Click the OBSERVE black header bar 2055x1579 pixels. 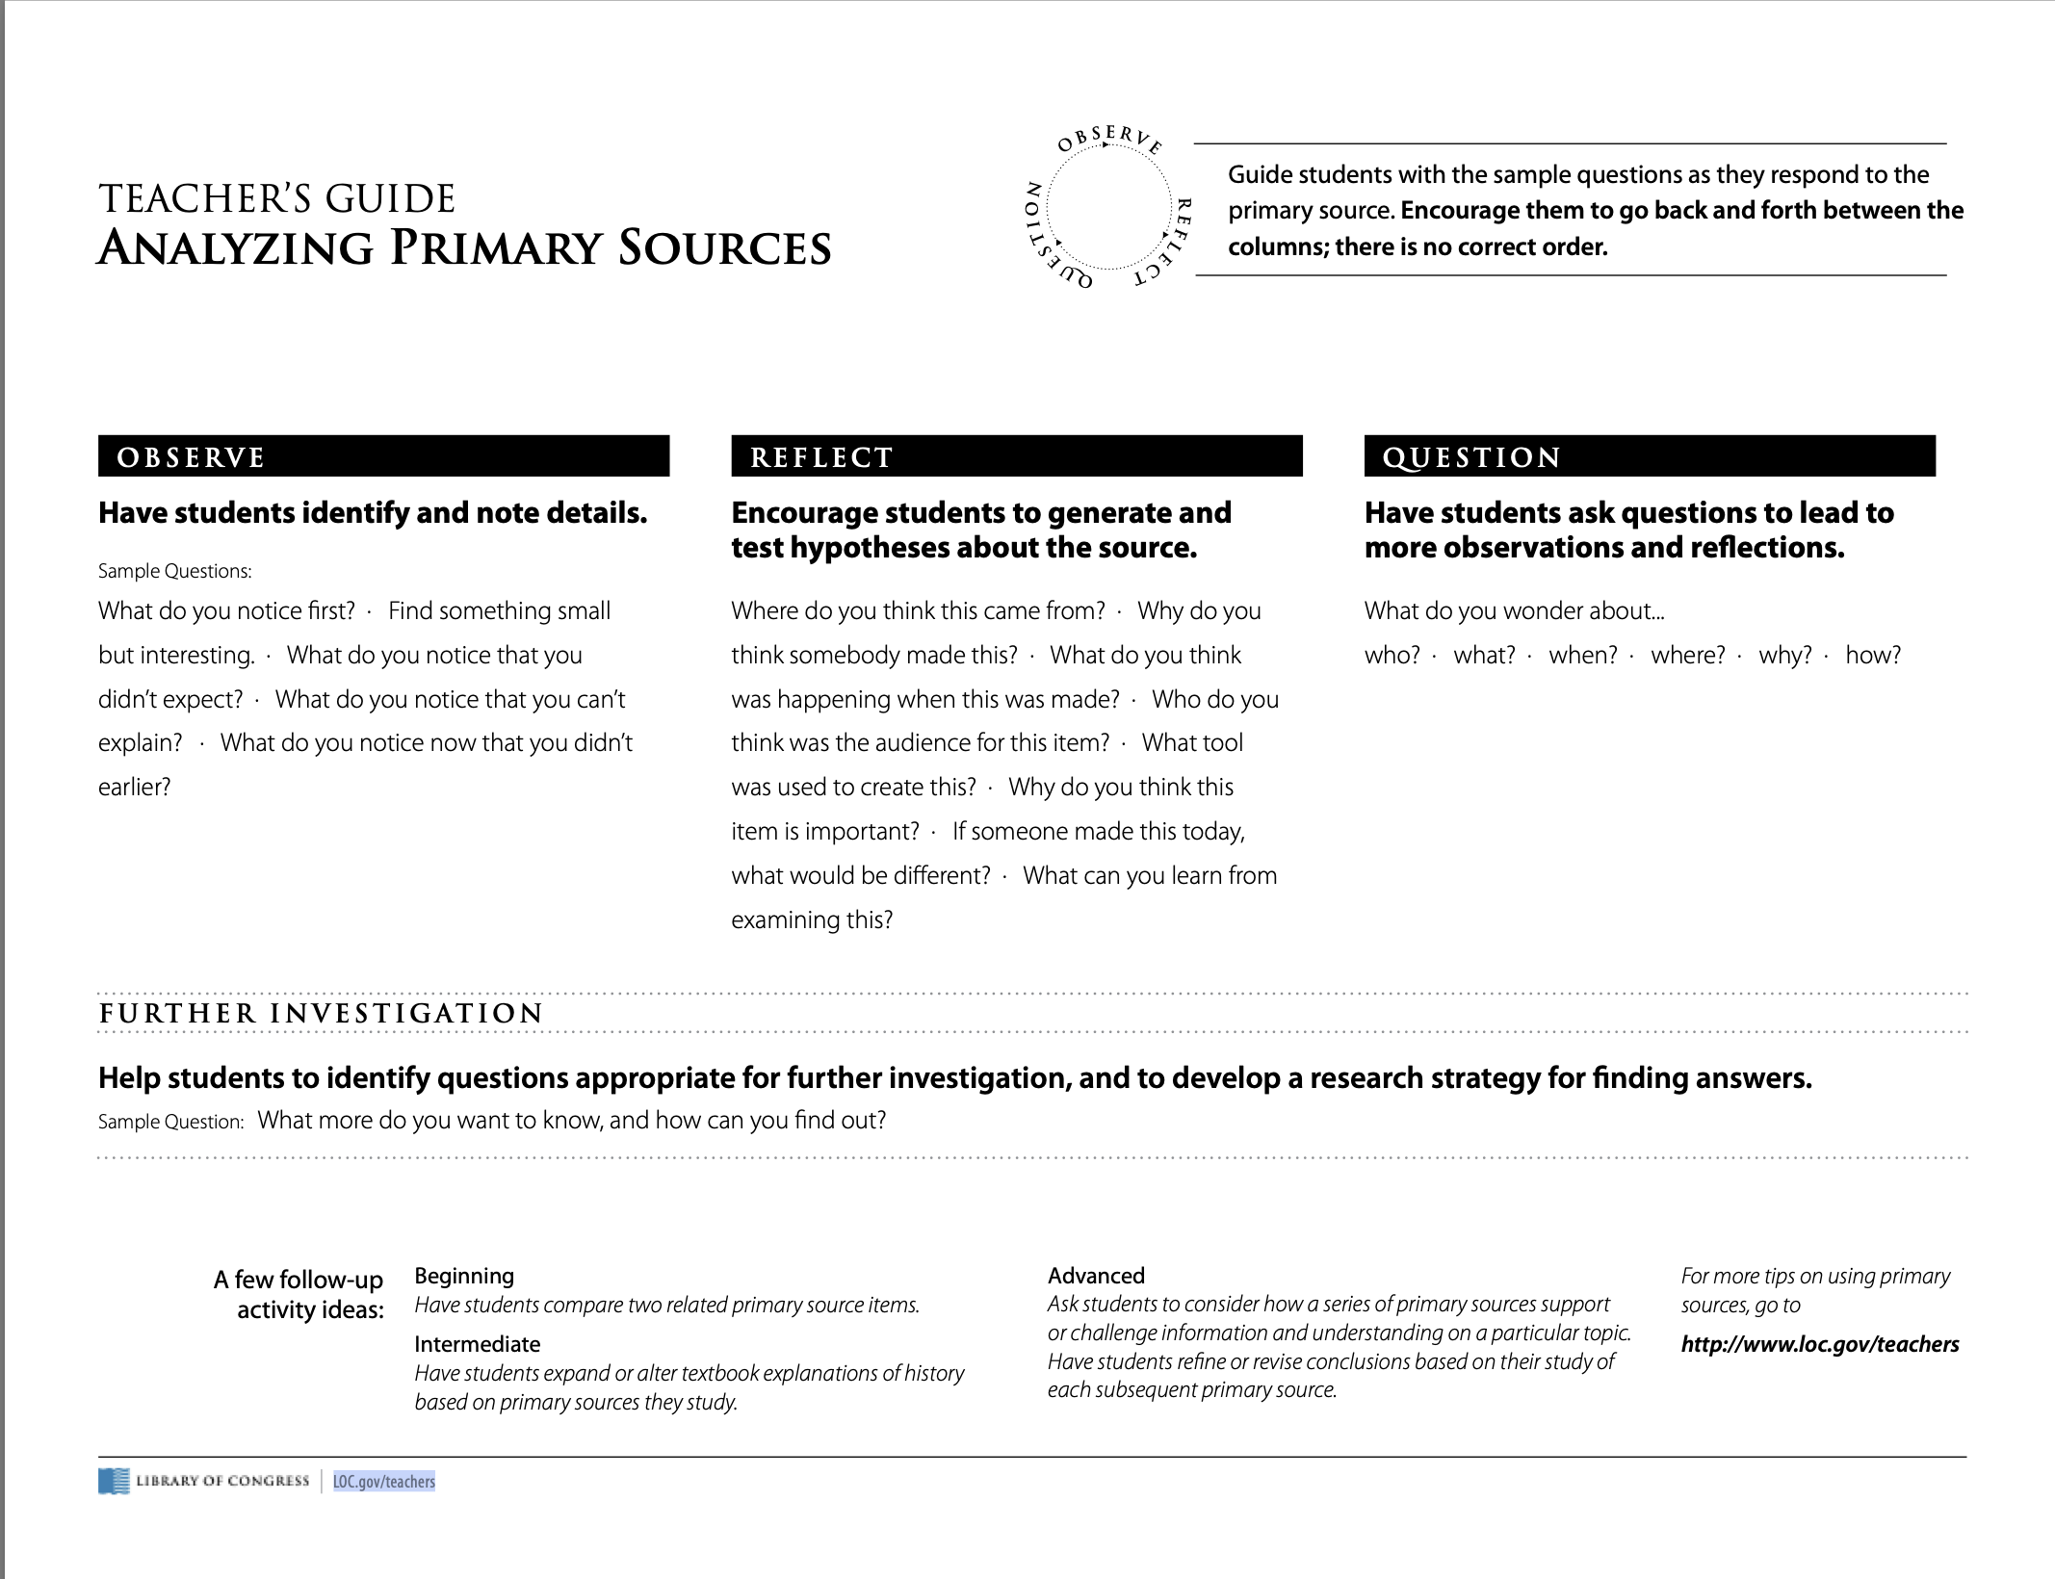pos(383,456)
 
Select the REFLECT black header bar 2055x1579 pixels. pos(1016,456)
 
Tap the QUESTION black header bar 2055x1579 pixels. pos(1649,456)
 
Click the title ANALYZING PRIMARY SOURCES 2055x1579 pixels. pos(464,247)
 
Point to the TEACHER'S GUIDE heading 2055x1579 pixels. pos(276,199)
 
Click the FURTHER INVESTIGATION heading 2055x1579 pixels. pos(322,1013)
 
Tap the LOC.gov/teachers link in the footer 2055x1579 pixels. pos(383,1481)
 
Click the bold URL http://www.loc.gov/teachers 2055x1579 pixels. pos(1819,1344)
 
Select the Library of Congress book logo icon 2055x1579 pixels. pos(113,1481)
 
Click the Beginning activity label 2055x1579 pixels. pos(464,1276)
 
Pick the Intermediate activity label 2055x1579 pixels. pos(477,1344)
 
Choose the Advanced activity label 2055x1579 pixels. pos(1096,1276)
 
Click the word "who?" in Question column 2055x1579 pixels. pos(1392,656)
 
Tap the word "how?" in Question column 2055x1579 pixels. pos(1872,656)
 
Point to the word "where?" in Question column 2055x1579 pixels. pos(1687,656)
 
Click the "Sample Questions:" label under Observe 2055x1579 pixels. pos(174,571)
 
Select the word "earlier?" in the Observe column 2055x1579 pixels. pos(134,788)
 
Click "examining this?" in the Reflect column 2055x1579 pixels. pos(811,919)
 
